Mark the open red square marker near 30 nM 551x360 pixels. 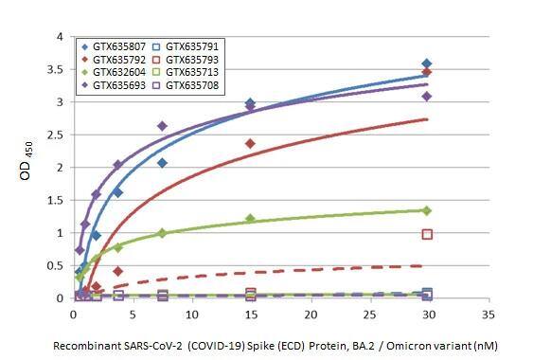click(427, 234)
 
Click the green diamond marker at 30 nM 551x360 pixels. click(427, 210)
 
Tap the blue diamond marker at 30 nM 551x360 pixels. click(427, 63)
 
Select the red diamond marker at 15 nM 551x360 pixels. click(250, 143)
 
